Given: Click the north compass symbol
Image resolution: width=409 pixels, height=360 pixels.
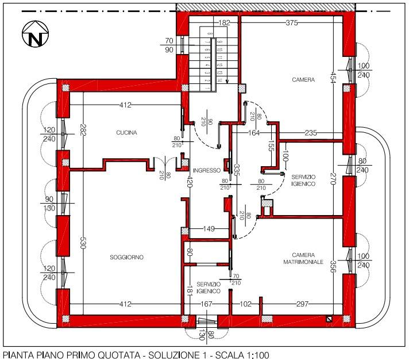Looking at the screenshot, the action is (36, 34).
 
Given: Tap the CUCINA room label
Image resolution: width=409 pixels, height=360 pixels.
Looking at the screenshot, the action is (126, 133).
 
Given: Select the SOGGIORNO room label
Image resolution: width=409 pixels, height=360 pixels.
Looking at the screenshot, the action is (127, 258).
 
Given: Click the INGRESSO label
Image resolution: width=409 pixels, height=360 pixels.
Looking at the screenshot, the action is (207, 170).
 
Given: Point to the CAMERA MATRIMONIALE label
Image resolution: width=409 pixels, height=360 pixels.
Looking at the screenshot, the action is (303, 258).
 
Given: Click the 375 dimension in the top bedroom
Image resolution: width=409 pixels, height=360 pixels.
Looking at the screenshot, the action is (292, 23).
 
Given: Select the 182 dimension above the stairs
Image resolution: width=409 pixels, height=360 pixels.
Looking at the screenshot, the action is (224, 23).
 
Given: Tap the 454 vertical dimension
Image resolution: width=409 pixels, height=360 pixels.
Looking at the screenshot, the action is (332, 78).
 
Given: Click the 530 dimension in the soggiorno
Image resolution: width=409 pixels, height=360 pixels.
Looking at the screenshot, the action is (83, 243).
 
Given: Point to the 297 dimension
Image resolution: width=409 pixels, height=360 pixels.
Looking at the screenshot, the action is (303, 304).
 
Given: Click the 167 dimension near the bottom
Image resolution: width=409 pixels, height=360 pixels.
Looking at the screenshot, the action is (206, 304).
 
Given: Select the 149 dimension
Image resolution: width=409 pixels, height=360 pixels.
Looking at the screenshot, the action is (209, 229).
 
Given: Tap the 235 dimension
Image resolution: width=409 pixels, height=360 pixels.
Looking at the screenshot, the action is (311, 133).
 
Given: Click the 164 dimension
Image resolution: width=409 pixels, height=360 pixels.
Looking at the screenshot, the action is (254, 133).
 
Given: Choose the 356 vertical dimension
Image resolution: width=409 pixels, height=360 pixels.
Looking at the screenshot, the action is (333, 266).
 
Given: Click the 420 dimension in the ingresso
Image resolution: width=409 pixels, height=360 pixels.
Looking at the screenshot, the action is (190, 182).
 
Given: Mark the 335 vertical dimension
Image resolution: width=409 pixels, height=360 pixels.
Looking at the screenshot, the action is (236, 170).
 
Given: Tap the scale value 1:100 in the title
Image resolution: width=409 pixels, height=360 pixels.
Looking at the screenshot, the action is (257, 355).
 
